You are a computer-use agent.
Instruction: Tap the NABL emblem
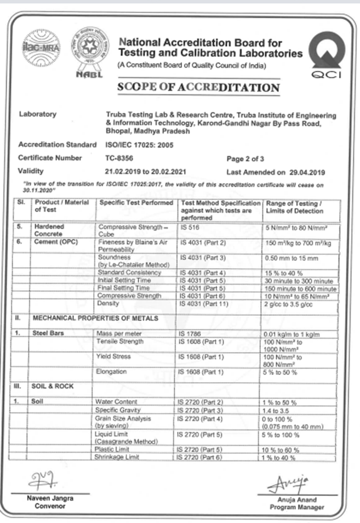(89, 52)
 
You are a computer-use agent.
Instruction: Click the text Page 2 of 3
(245, 159)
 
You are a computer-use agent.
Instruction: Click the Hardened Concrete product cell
(49, 229)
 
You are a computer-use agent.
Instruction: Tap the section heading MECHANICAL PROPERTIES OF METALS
(96, 319)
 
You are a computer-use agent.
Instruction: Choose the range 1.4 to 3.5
(281, 410)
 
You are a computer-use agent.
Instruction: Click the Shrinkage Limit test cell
(117, 457)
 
